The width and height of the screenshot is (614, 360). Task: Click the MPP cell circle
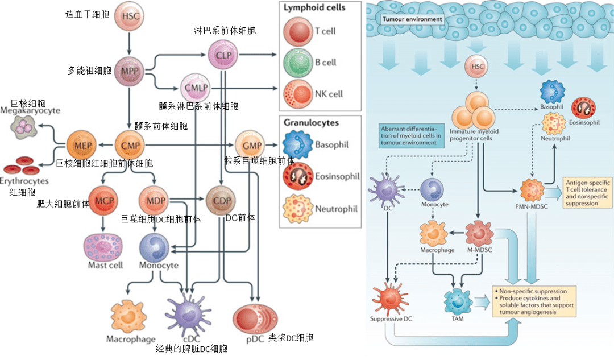tap(130, 71)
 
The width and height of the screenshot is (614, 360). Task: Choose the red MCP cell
tap(103, 201)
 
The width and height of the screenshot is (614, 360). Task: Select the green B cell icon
tap(298, 62)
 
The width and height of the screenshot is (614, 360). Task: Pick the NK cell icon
tap(298, 93)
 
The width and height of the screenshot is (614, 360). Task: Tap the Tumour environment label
tap(412, 19)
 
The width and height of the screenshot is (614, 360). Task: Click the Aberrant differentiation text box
tap(409, 135)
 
